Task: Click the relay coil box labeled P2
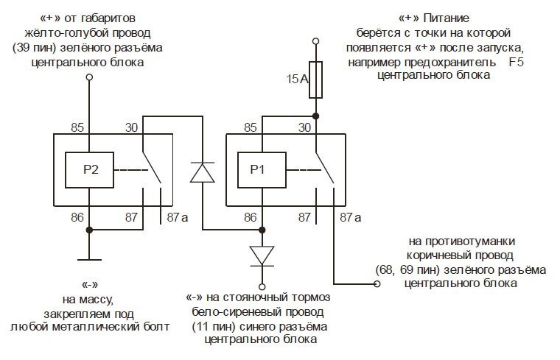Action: pos(90,169)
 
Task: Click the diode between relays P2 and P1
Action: pos(202,172)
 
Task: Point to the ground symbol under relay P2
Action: pos(90,258)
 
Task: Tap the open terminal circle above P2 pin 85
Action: pos(90,77)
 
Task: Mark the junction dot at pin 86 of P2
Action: pos(90,230)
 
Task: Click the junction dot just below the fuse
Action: pos(315,116)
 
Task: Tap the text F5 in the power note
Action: pos(515,62)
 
